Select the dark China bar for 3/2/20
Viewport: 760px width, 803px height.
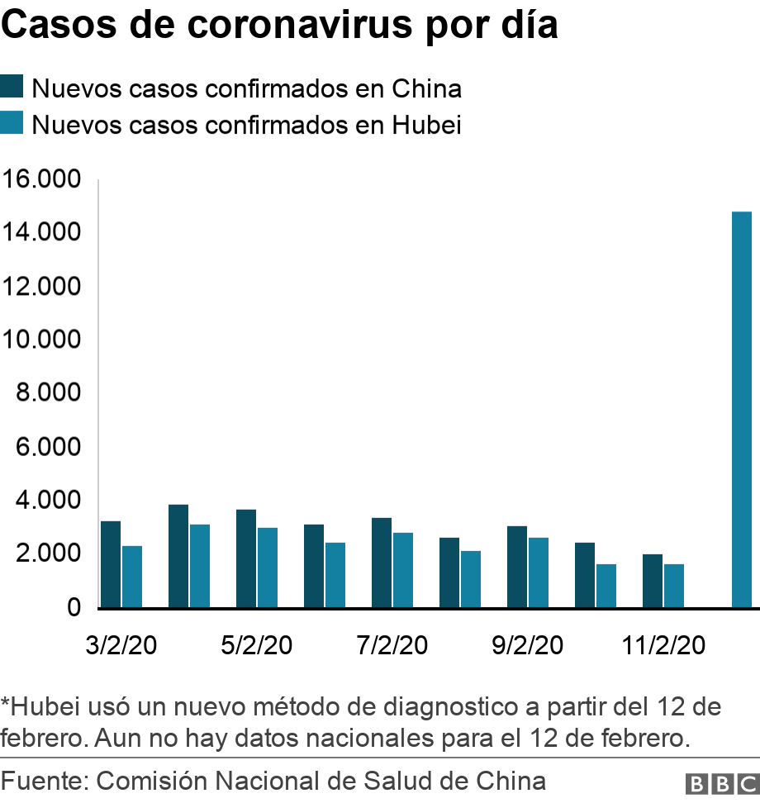110,564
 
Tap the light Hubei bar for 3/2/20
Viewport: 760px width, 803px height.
132,577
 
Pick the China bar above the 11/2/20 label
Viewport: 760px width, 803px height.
652,581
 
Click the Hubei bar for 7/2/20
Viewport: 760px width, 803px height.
403,570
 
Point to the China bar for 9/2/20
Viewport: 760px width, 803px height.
516,567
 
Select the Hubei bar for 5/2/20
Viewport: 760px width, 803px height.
268,568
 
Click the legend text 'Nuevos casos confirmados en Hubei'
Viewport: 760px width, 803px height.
246,126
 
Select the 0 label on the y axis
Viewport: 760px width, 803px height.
74,607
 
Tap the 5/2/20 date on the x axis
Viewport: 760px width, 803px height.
256,645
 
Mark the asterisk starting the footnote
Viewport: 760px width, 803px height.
6,705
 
